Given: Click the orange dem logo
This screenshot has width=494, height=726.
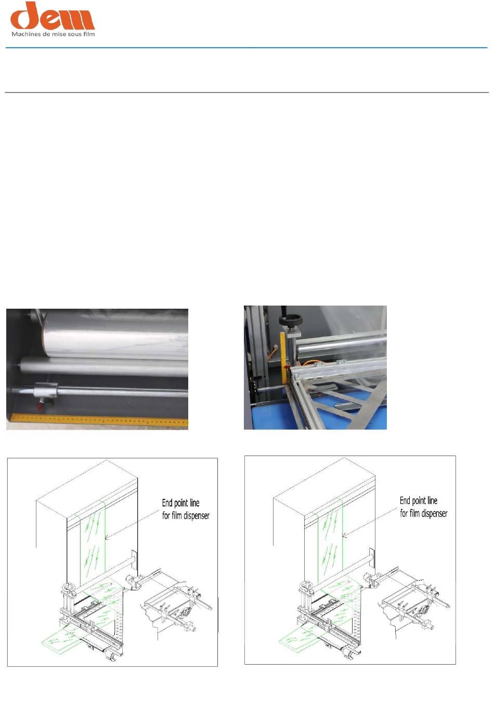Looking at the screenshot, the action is (x=53, y=16).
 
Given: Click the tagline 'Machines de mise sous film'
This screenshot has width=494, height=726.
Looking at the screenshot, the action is (x=53, y=34).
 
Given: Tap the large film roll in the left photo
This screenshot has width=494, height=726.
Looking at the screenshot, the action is (x=115, y=336).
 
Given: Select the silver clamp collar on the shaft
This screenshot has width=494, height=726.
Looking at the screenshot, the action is (x=45, y=391).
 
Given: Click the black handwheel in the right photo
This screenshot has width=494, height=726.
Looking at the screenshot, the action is (x=291, y=321).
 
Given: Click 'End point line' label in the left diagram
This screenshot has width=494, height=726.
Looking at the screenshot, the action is (x=180, y=503).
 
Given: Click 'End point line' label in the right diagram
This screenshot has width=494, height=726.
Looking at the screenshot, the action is (x=419, y=501).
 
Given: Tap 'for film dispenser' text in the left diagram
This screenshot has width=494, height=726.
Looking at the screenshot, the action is (x=186, y=516).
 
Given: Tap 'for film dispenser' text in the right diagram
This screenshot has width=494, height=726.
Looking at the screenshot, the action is (x=424, y=513).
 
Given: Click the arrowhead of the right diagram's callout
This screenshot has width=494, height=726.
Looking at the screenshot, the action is (x=344, y=536).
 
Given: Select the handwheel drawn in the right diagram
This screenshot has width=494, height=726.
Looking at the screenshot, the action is (x=306, y=585).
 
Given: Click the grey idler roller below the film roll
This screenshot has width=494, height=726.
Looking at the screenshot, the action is (x=104, y=366).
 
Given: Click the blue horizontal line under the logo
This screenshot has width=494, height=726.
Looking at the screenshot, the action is (x=246, y=48).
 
